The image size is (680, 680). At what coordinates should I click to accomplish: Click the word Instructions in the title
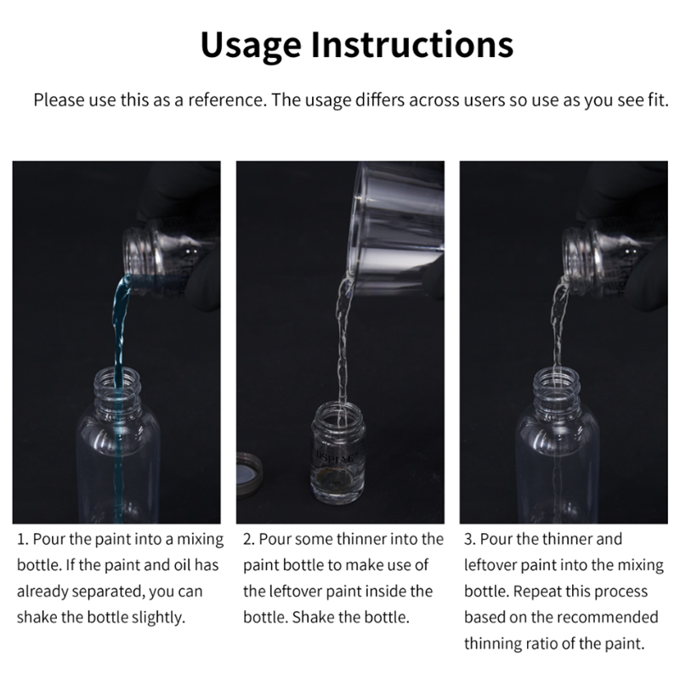pyautogui.click(x=412, y=44)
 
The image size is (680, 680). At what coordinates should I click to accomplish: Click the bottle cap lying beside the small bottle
pyautogui.click(x=250, y=476)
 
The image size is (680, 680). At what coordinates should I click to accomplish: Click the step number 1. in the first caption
pyautogui.click(x=23, y=540)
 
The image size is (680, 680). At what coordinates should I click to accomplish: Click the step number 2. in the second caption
pyautogui.click(x=249, y=540)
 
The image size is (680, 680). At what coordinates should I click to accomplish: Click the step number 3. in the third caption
pyautogui.click(x=470, y=540)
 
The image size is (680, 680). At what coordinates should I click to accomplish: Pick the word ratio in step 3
pyautogui.click(x=542, y=643)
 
